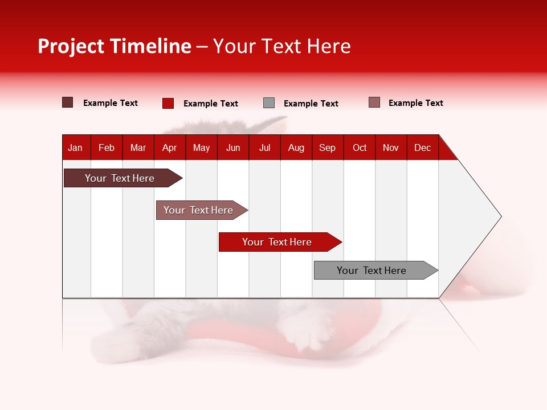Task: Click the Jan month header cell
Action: click(x=76, y=147)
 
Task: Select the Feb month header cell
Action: click(x=107, y=147)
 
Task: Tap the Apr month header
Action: click(x=170, y=147)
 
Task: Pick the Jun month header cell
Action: click(x=233, y=147)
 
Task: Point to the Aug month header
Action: click(x=296, y=147)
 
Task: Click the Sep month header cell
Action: click(x=328, y=147)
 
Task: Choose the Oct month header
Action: click(x=360, y=147)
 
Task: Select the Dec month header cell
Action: click(x=423, y=147)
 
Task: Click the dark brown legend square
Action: click(x=68, y=102)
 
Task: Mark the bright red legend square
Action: click(x=168, y=103)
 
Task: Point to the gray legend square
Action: click(x=269, y=103)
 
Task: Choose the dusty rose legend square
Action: click(x=374, y=102)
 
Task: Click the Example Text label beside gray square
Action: click(x=311, y=104)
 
